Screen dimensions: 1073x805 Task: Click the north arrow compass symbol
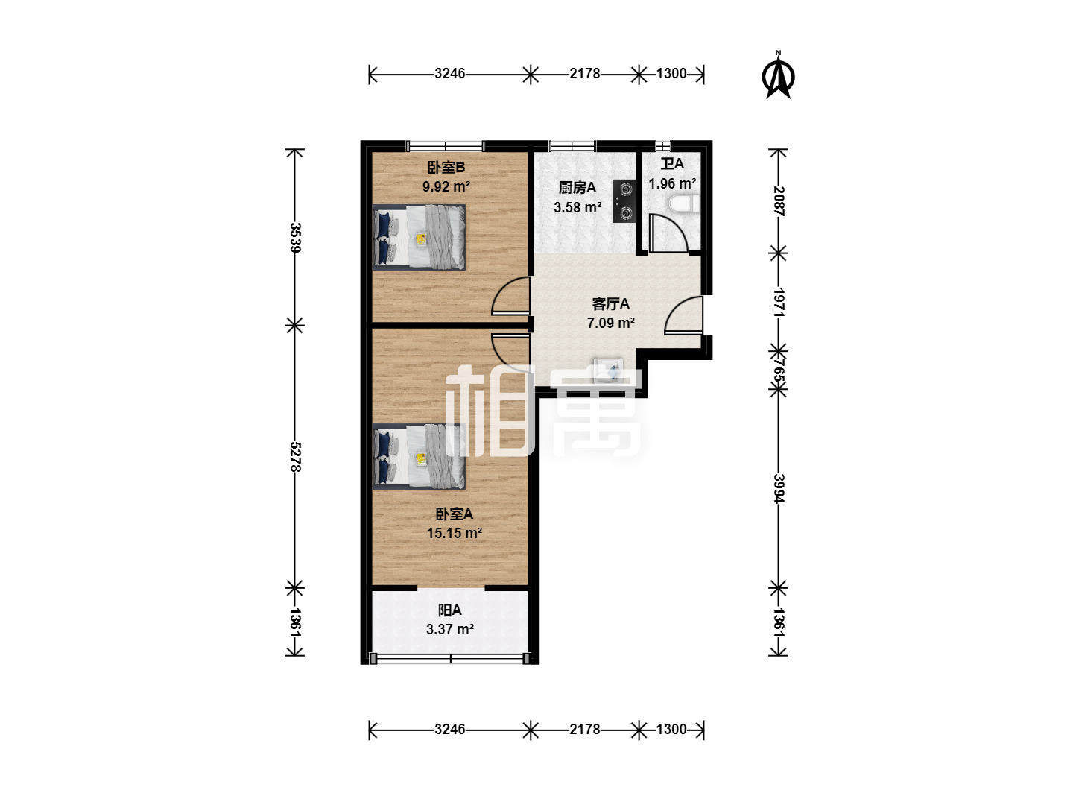[x=778, y=75]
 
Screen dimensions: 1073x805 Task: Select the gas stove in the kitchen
[x=624, y=201]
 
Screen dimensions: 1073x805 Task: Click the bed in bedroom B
[x=419, y=237]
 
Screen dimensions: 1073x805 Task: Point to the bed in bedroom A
[x=419, y=456]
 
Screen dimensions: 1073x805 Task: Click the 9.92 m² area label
[x=446, y=186]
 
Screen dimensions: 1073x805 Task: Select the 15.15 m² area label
[x=455, y=533]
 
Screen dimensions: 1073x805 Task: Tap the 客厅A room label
[x=610, y=304]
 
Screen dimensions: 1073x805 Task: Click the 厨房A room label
[x=577, y=188]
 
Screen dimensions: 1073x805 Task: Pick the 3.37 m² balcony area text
[x=450, y=629]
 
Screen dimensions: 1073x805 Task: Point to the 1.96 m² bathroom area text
[x=672, y=183]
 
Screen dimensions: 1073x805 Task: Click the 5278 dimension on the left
[x=295, y=457]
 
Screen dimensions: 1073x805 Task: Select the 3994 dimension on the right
[x=779, y=488]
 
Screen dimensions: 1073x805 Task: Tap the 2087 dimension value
[x=779, y=201]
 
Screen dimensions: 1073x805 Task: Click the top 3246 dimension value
[x=450, y=73]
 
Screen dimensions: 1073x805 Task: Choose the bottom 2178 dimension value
[x=585, y=729]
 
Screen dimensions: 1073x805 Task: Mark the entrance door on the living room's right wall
[x=684, y=315]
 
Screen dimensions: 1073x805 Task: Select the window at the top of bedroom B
[x=445, y=145]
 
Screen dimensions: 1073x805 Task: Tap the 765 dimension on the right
[x=779, y=371]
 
